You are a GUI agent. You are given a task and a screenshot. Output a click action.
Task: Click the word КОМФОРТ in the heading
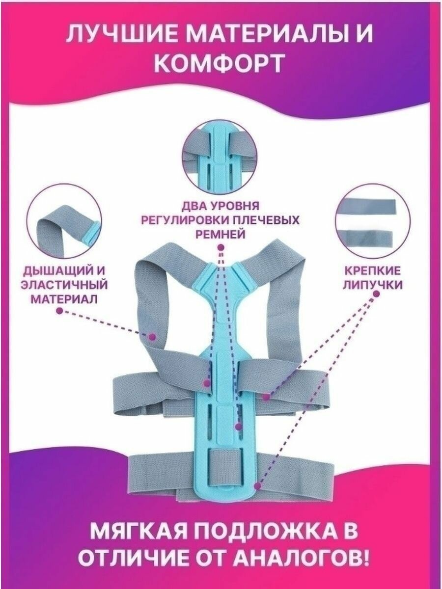[221, 64]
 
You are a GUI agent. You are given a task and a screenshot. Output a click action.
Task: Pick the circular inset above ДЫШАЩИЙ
[64, 225]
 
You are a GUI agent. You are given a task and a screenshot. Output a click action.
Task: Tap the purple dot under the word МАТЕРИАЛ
[59, 311]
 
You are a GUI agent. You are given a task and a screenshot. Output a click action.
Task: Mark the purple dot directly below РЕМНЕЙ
[221, 243]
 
